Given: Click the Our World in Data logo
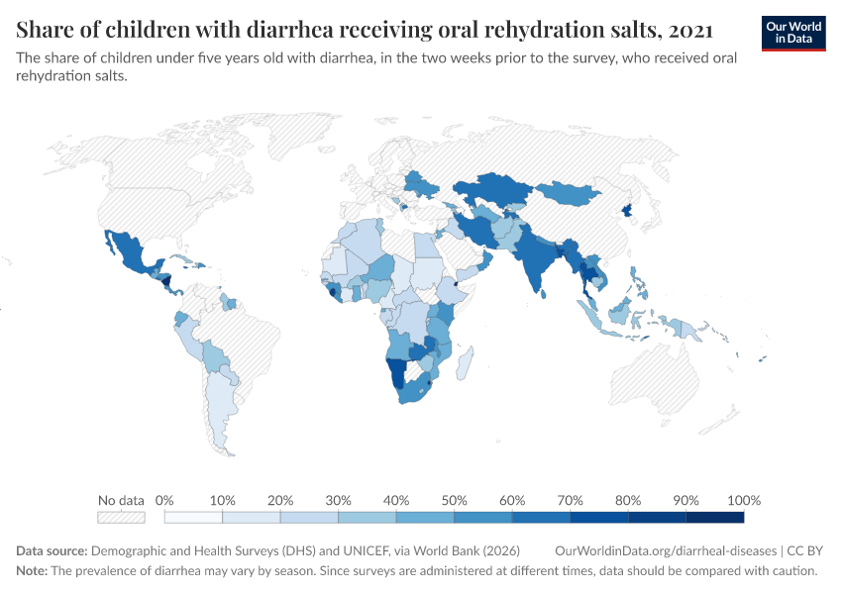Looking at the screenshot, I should (792, 33).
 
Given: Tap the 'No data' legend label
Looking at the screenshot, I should (121, 500).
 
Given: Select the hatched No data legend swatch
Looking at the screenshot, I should (121, 517).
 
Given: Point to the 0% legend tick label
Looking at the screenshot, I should (164, 500).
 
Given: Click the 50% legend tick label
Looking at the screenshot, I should (454, 500).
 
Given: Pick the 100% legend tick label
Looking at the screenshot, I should (743, 500).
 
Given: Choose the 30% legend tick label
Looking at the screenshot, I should (338, 500).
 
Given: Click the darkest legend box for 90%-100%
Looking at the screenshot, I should (714, 517).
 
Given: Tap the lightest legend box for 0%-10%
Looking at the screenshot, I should (193, 517).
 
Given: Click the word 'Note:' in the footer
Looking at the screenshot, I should (35, 571).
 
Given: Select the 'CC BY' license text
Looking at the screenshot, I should (806, 550).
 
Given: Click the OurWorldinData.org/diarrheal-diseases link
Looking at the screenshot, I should (666, 550).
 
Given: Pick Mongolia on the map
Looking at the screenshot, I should (570, 193).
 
